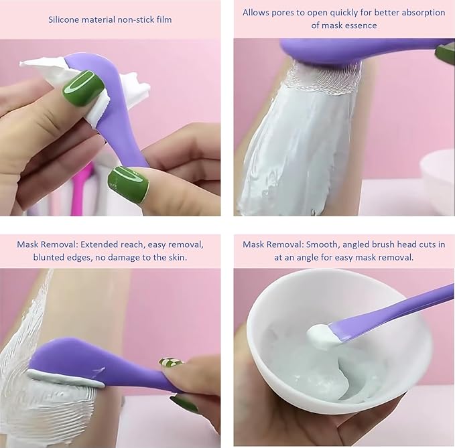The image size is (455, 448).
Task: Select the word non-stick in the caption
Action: (137, 19)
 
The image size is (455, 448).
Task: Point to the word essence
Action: (362, 25)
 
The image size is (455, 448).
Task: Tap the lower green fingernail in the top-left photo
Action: (127, 183)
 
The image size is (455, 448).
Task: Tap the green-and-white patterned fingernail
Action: (170, 363)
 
